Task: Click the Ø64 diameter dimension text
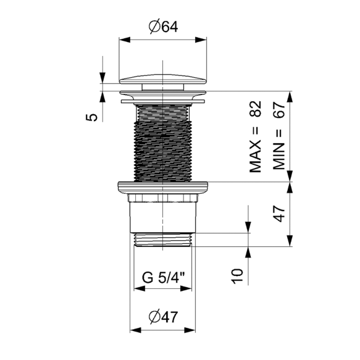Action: click(x=162, y=27)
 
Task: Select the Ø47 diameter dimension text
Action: click(x=162, y=317)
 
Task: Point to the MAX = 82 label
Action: click(x=256, y=136)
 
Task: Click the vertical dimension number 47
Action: click(x=278, y=214)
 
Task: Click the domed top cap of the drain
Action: click(x=162, y=78)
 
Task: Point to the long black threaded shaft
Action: click(x=162, y=142)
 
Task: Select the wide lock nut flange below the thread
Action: click(x=162, y=188)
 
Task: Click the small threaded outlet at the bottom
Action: click(x=162, y=240)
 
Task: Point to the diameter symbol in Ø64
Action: click(x=154, y=27)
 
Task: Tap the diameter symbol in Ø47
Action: click(x=154, y=317)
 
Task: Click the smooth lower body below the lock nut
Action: click(x=162, y=216)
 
